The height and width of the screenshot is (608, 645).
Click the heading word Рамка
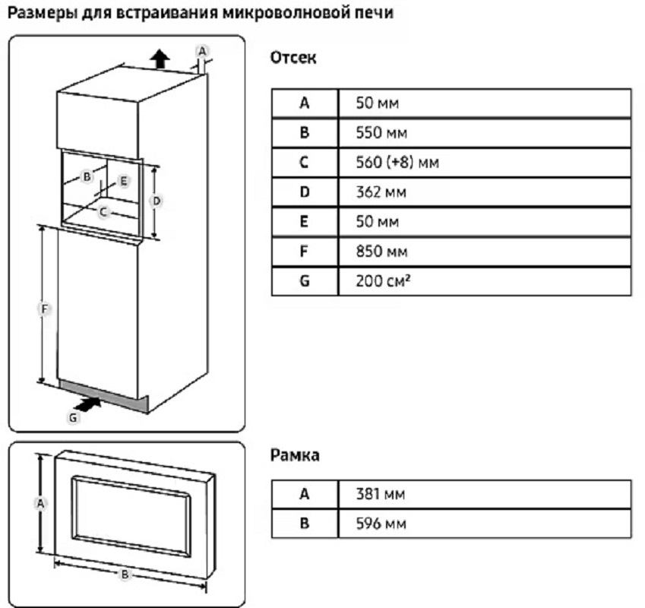click(x=295, y=455)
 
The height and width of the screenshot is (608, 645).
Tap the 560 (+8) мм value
click(x=398, y=162)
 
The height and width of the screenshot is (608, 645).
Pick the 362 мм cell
click(x=381, y=192)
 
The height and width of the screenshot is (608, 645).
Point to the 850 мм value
click(x=381, y=252)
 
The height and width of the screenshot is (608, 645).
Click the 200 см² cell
click(x=384, y=281)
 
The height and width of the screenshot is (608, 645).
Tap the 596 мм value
click(x=381, y=524)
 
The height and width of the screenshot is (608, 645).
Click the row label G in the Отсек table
click(x=305, y=281)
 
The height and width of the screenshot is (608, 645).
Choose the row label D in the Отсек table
click(x=305, y=192)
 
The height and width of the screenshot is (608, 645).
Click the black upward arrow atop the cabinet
click(x=159, y=58)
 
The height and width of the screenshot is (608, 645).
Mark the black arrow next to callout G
click(x=90, y=404)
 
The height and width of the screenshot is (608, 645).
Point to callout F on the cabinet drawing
click(x=45, y=309)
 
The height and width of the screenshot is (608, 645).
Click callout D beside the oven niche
click(x=156, y=201)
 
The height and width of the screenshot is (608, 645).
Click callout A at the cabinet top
click(x=201, y=50)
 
